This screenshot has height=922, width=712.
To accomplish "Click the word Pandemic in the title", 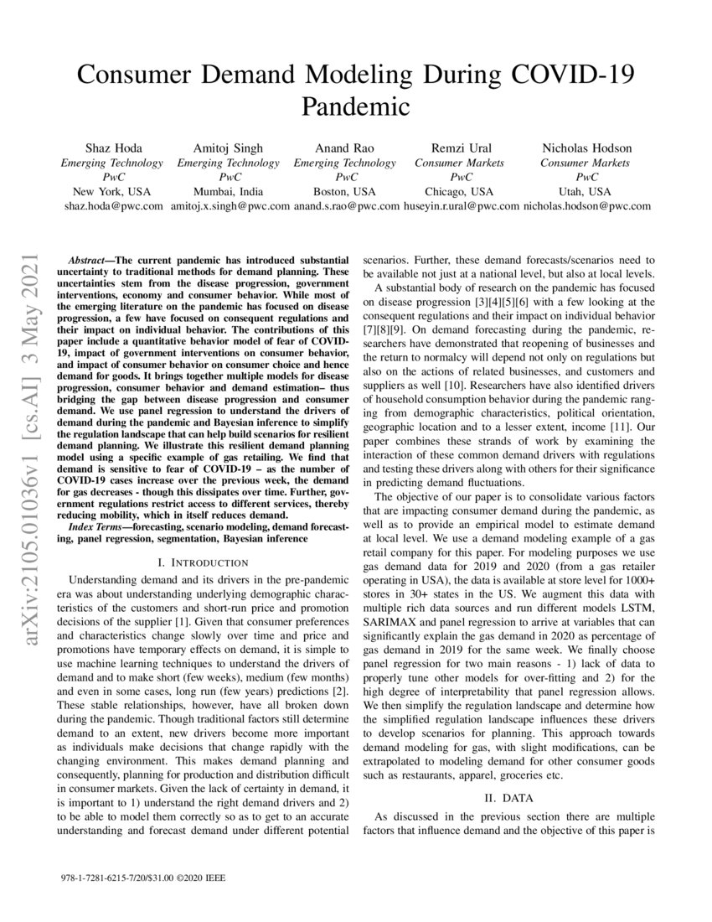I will click(355, 106).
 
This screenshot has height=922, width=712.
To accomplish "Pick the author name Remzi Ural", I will click(461, 148).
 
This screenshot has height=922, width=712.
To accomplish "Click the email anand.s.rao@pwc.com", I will click(346, 205).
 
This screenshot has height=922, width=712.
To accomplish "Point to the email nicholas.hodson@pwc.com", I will click(585, 205).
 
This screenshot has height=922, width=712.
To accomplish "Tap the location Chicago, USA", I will click(461, 191).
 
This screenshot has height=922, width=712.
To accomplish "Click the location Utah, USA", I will click(585, 191).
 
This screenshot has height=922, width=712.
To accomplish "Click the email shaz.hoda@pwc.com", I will click(112, 205).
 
